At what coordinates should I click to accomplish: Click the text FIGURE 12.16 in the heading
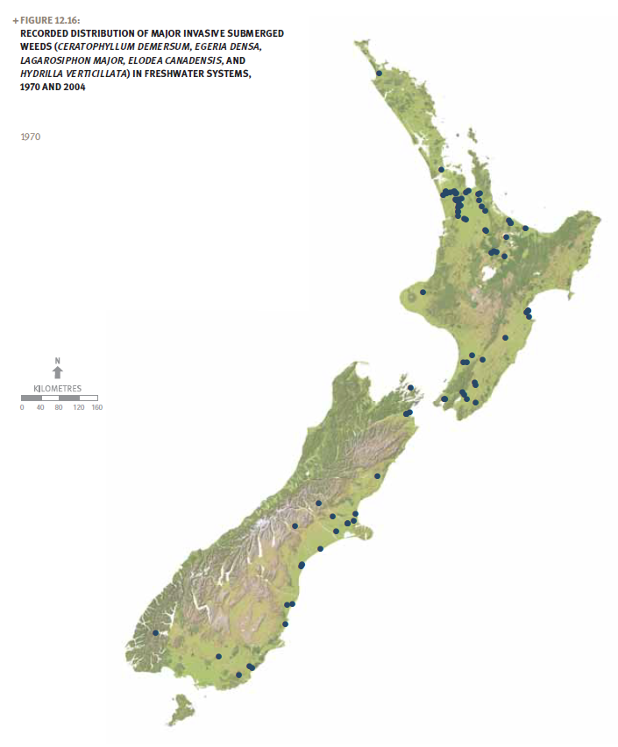51,20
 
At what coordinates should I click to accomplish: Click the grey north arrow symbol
58,373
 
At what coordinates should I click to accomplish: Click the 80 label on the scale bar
59,407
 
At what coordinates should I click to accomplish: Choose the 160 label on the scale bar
96,407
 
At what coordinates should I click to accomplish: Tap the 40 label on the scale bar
40,407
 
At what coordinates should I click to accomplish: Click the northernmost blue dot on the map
379,74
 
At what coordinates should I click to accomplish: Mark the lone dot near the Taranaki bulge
423,292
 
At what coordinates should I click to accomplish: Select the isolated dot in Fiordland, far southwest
155,632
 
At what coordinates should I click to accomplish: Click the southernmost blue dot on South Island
238,674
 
